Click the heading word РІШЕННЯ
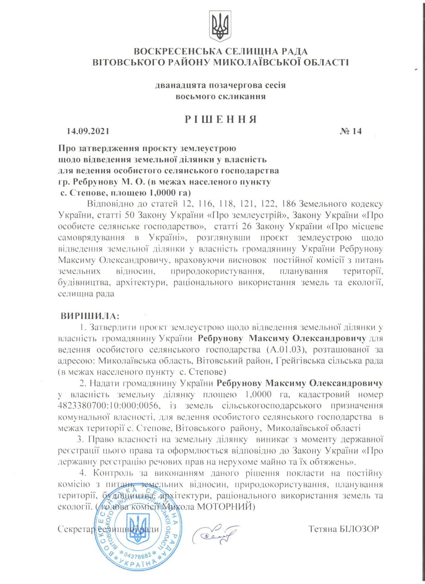click(x=221, y=119)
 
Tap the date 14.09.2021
click(x=88, y=131)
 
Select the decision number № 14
click(x=351, y=131)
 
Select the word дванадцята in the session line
click(x=181, y=85)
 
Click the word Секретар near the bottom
click(x=76, y=529)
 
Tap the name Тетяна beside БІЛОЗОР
click(x=323, y=529)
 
